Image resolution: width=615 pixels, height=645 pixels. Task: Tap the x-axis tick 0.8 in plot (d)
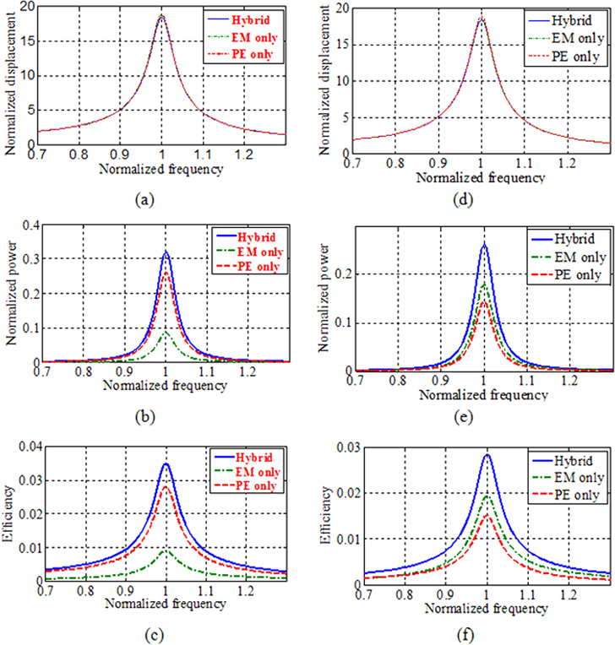click(395, 160)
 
